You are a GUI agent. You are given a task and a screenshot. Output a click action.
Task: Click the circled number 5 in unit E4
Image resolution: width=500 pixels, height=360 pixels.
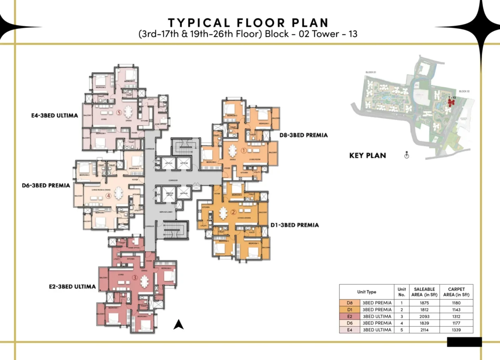tap(119, 112)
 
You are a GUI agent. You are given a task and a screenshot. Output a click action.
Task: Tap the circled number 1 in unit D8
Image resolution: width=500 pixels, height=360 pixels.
tap(244, 151)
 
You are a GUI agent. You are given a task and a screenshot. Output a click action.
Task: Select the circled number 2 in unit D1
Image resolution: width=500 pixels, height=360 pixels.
tap(233, 212)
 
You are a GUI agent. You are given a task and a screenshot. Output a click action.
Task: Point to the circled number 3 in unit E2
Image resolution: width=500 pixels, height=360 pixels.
tap(135, 277)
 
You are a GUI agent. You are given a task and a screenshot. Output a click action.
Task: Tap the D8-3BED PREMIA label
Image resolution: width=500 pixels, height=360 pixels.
tap(303, 135)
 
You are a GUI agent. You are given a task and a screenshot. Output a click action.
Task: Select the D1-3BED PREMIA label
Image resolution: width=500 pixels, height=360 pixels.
tap(295, 225)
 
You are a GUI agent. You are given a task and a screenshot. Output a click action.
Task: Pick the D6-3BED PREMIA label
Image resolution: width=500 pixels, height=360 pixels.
tap(46, 185)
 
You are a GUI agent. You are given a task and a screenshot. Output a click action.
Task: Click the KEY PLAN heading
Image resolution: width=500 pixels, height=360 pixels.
tap(367, 155)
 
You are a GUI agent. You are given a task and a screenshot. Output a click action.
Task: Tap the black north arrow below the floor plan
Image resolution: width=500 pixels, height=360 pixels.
tap(179, 324)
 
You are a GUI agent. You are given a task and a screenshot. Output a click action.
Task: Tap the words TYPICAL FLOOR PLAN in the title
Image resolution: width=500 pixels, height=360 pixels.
tap(248, 22)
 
